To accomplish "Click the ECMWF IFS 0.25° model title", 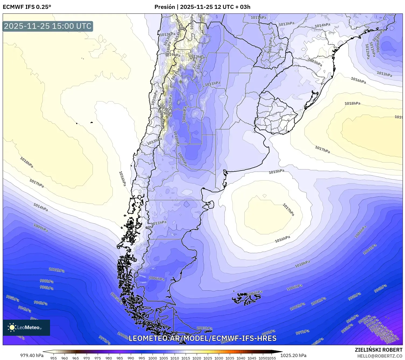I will pos(27,7).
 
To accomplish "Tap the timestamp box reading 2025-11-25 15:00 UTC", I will pos(48,26).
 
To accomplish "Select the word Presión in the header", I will pos(164,7).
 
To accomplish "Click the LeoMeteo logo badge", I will pos(26,327).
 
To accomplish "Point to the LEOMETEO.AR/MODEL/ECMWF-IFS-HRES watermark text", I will pos(202,338).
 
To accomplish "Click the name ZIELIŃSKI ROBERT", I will pos(379,350).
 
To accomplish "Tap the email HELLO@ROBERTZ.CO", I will pos(380,356).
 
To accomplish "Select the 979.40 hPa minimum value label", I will pos(32,355).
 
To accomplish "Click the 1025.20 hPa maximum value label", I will pos(293,355).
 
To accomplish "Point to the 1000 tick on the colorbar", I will pos(153,358).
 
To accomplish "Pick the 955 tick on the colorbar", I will pos(54,358).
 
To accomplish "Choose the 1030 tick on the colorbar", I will pos(219,358).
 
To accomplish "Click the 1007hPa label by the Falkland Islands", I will pos(255,292).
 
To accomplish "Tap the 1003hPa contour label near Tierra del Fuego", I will pos(205,328).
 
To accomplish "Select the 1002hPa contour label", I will pos(297,306).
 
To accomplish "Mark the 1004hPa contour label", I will pos(370,249).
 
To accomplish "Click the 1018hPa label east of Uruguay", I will pos(352,103).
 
